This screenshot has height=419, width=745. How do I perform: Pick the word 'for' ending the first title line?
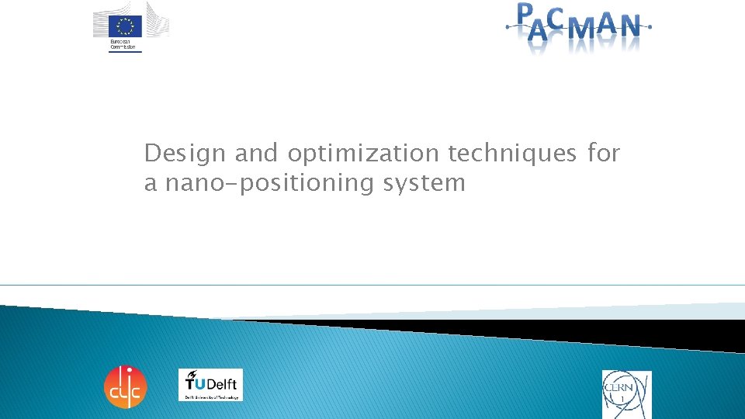[604, 154]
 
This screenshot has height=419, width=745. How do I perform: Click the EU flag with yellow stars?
[126, 26]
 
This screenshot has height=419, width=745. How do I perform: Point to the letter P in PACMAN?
[526, 13]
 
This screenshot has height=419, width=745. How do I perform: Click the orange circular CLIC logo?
[125, 386]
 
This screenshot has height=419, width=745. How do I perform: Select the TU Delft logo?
[210, 385]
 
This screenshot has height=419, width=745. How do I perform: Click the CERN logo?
[626, 393]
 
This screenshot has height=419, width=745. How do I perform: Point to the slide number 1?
[622, 400]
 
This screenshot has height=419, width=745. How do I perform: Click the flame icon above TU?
[191, 374]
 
